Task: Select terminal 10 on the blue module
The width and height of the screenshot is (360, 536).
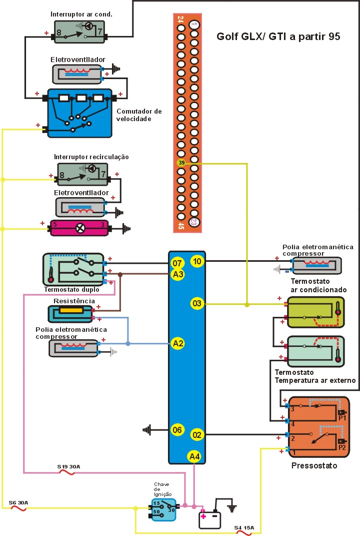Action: click(x=196, y=261)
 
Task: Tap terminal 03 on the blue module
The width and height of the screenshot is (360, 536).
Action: click(x=196, y=303)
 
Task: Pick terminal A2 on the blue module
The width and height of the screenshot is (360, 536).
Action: click(x=177, y=343)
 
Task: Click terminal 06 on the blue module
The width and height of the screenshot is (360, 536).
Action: click(x=177, y=429)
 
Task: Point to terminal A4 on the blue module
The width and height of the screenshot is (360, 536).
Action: click(x=194, y=456)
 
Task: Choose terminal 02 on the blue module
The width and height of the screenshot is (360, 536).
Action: click(x=196, y=435)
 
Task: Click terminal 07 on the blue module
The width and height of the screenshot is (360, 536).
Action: click(x=177, y=263)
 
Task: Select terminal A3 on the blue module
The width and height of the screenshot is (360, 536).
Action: click(x=177, y=273)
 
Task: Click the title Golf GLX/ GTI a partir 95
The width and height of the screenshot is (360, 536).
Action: click(x=278, y=37)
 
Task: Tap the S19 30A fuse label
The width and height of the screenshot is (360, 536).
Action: click(x=68, y=466)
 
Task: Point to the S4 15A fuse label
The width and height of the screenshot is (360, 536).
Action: click(x=244, y=527)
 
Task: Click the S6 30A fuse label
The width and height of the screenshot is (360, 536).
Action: click(x=19, y=502)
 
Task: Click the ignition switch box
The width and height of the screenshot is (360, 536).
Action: click(x=163, y=509)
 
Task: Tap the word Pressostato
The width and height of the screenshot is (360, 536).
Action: click(x=314, y=466)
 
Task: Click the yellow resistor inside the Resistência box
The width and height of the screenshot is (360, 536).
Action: click(x=71, y=311)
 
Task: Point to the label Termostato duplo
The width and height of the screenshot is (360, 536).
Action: click(x=71, y=289)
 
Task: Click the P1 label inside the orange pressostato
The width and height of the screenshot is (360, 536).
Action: click(x=342, y=417)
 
